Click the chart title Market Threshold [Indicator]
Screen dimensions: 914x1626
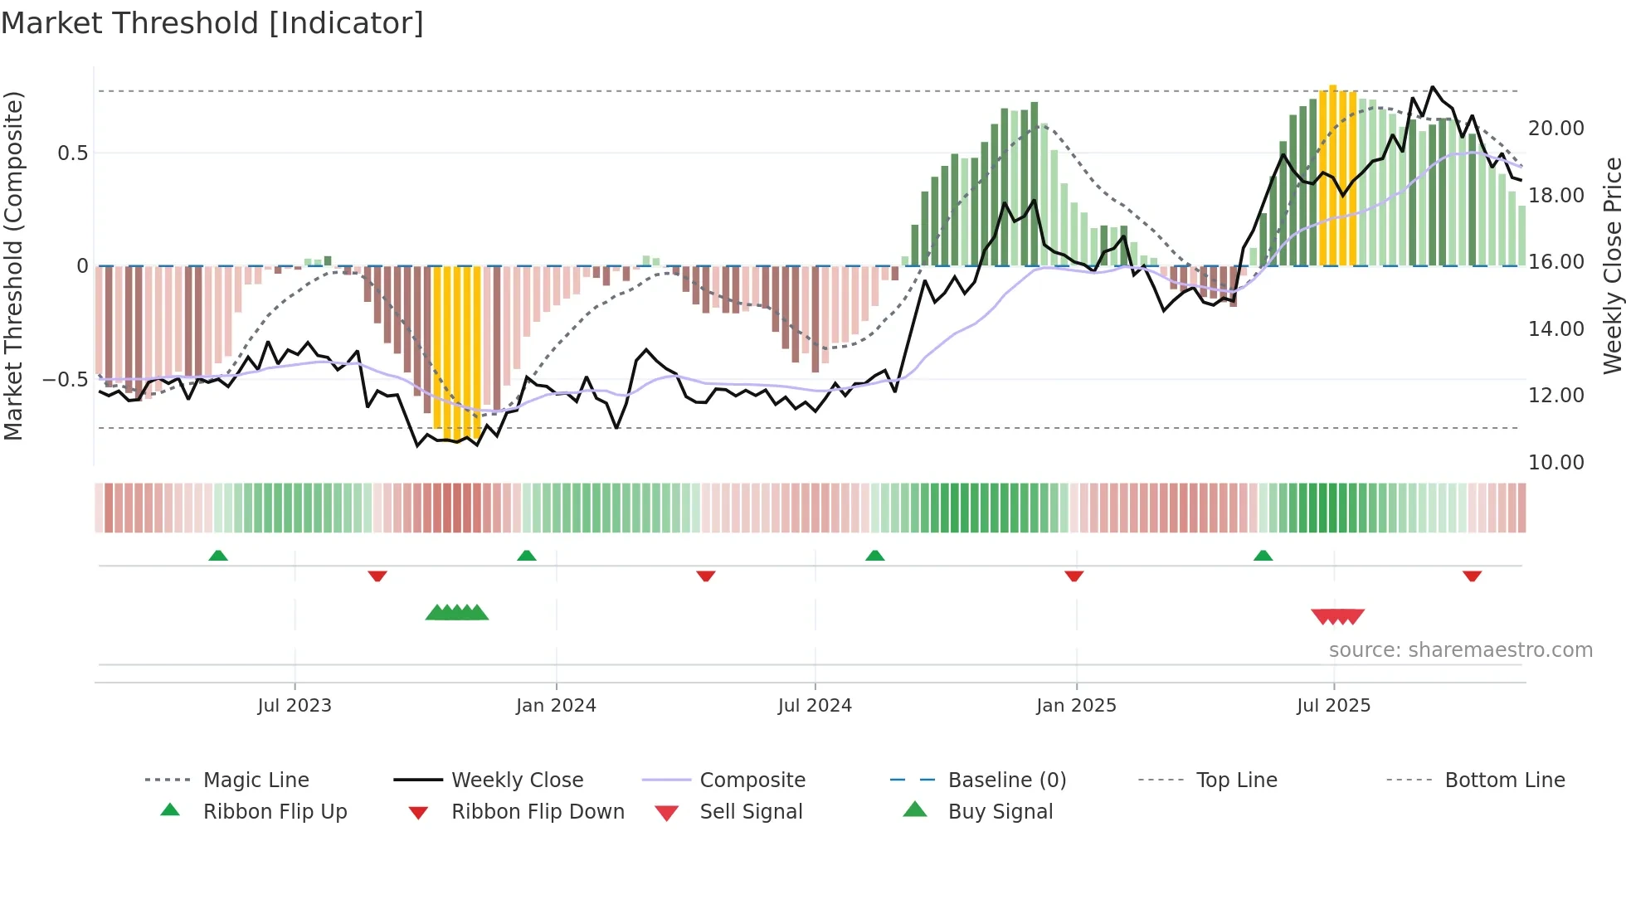tap(212, 23)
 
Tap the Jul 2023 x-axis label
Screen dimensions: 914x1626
tap(295, 706)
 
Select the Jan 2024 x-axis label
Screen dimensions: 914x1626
tap(556, 706)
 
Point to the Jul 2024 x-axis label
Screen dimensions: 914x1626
tap(815, 706)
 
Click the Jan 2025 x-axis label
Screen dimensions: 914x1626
tap(1076, 706)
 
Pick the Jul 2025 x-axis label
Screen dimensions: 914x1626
tap(1334, 706)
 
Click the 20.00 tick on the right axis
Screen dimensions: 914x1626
tap(1556, 129)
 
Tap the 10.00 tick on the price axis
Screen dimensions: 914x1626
tap(1556, 463)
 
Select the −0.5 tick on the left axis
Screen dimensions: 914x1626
tap(66, 380)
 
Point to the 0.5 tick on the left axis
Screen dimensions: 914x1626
tap(73, 153)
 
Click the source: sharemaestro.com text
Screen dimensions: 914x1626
tap(1460, 650)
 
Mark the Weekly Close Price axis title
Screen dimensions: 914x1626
tap(1612, 265)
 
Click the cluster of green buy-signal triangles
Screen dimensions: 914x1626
tap(457, 613)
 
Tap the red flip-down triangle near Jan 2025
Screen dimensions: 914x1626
tap(1074, 576)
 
